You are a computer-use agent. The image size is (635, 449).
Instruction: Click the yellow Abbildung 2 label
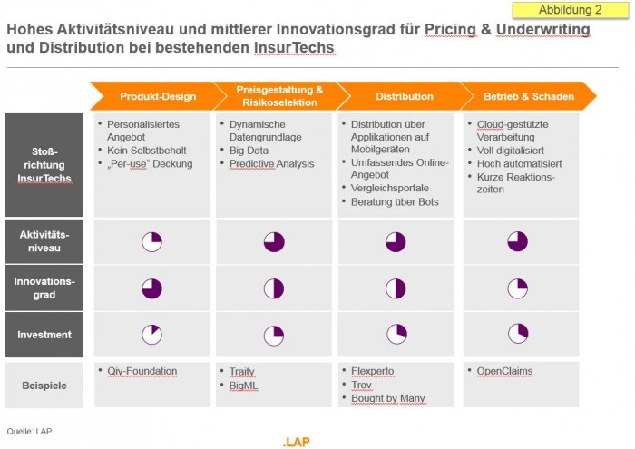click(571, 10)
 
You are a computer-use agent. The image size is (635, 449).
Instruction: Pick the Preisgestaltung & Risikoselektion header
click(278, 96)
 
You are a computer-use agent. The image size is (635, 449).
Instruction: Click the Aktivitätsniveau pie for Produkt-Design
click(151, 241)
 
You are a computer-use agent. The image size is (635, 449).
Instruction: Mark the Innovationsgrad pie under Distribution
click(396, 288)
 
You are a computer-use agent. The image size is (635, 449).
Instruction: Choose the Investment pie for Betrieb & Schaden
click(517, 334)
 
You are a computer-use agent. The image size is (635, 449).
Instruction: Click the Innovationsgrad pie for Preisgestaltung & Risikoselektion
click(274, 288)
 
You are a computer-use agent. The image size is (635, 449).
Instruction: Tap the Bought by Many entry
click(387, 398)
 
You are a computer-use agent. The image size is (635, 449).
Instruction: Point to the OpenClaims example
click(504, 371)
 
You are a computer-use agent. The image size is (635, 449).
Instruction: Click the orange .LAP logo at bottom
click(298, 442)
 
